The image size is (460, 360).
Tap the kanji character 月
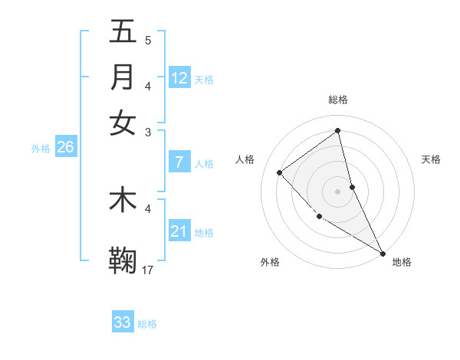123,77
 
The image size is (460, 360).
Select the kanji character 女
123,123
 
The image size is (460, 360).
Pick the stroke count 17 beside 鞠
148,270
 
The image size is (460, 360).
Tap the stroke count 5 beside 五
148,40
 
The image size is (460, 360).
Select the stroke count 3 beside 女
148,132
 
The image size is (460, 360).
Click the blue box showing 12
179,77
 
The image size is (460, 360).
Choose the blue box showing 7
179,162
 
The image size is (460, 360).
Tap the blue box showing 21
179,231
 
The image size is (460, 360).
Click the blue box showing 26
65,147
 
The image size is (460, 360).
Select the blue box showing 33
123,322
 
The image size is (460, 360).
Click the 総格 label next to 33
147,324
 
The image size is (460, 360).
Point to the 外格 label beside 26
40,149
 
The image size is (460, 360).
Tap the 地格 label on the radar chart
402,262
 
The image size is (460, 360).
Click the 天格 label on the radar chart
431,159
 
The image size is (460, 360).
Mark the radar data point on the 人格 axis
280,172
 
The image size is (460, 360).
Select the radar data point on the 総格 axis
337,131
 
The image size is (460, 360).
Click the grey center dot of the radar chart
337,191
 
